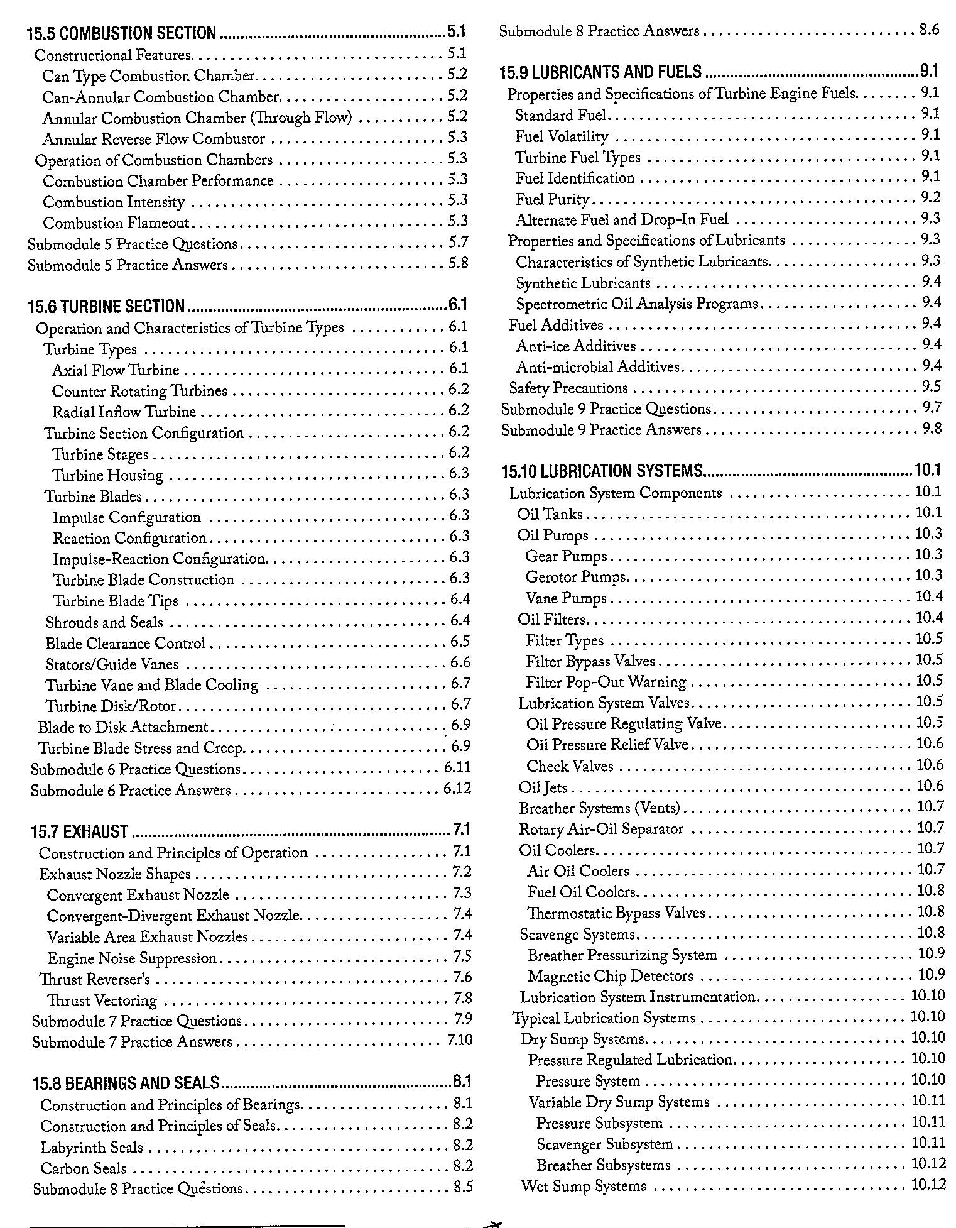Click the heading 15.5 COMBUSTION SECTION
(x=122, y=32)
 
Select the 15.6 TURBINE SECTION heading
(x=106, y=306)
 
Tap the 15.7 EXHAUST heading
(x=79, y=831)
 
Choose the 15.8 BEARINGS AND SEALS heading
(x=126, y=1083)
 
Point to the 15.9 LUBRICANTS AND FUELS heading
(x=600, y=72)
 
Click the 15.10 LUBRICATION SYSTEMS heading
(x=602, y=471)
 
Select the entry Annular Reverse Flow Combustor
(x=154, y=139)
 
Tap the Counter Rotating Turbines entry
(x=139, y=391)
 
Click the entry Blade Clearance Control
(x=126, y=644)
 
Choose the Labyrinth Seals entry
(x=92, y=1148)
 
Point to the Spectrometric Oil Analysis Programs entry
(x=637, y=304)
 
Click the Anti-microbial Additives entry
(x=598, y=366)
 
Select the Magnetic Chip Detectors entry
(x=610, y=976)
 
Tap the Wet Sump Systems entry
(x=584, y=1186)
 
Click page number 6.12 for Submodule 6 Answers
(x=457, y=788)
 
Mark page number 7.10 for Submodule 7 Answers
(x=460, y=1040)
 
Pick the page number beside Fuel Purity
(x=930, y=198)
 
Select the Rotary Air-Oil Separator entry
(x=600, y=829)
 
